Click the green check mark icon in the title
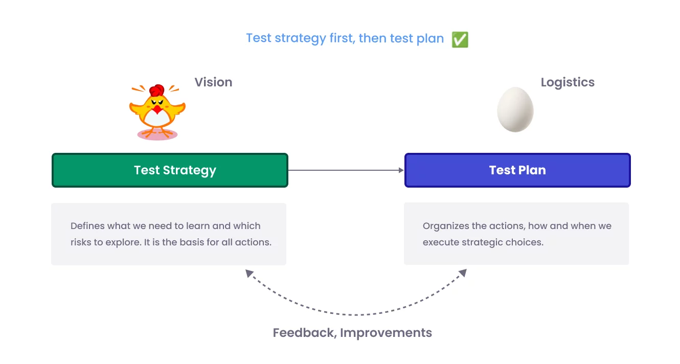[460, 39]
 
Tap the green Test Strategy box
[170, 170]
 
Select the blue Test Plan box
[517, 170]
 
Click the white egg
[515, 109]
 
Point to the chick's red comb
[157, 90]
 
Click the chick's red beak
[157, 109]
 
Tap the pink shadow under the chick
[157, 135]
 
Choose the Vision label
[213, 82]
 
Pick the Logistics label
[568, 82]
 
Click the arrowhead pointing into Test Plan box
[401, 170]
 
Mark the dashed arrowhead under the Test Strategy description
[249, 273]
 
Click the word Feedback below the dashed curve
[304, 333]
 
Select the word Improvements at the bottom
[386, 333]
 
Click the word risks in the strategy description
[80, 242]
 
